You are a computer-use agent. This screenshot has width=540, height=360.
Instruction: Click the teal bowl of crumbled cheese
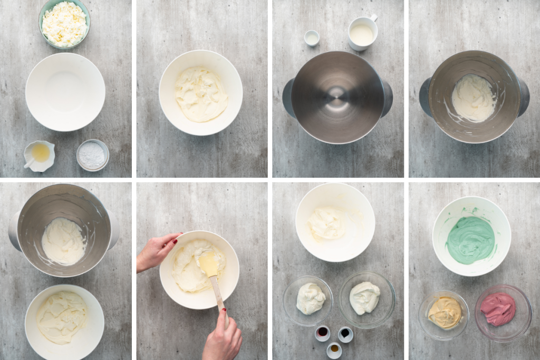[64, 24]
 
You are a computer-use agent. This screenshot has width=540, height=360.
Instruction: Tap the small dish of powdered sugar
[92, 155]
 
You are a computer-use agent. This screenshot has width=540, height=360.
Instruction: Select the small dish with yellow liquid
[39, 154]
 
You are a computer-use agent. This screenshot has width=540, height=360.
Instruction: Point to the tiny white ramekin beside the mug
[312, 37]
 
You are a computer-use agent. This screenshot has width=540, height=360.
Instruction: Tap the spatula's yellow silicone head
[208, 262]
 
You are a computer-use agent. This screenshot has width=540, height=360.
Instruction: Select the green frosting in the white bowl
[470, 240]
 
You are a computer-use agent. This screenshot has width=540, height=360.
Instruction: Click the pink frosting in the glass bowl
[498, 309]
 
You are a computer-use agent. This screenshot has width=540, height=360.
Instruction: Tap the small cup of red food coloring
[322, 333]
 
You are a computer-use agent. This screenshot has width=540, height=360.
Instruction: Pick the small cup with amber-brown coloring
[334, 349]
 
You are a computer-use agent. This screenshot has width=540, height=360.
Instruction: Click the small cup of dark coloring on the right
[345, 334]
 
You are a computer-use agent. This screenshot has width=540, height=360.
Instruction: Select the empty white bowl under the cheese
[65, 92]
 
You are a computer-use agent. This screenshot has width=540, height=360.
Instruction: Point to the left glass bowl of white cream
[308, 300]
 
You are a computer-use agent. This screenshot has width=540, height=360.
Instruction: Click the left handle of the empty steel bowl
[288, 98]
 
